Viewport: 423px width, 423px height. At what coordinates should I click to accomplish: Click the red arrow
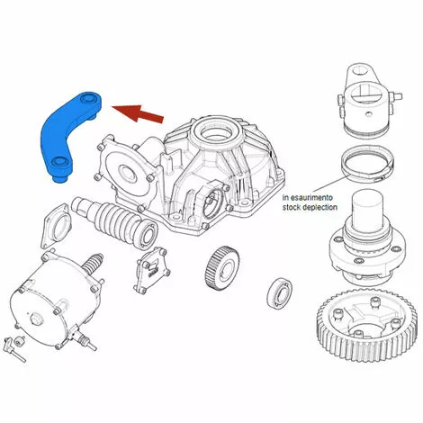click(x=139, y=112)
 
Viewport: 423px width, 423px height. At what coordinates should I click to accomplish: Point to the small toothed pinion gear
click(x=221, y=266)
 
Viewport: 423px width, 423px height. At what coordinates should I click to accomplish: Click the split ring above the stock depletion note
click(x=368, y=165)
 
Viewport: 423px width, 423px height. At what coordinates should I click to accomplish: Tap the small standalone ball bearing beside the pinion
click(x=280, y=292)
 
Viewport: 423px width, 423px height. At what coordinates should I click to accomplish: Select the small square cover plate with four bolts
click(x=152, y=269)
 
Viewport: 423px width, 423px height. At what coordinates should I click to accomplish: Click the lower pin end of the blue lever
click(x=60, y=178)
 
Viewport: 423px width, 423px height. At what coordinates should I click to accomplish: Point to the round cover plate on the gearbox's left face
click(x=129, y=172)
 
